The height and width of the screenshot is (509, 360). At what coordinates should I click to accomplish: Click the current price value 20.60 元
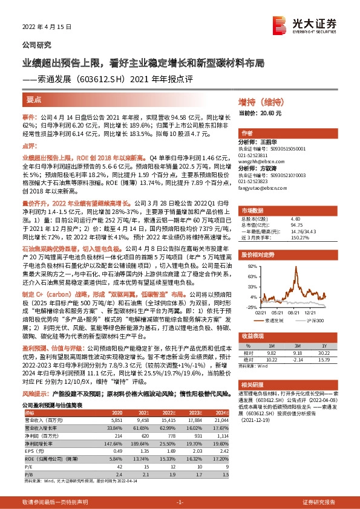(269, 113)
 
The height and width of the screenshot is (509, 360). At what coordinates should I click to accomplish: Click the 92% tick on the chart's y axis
(249, 265)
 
